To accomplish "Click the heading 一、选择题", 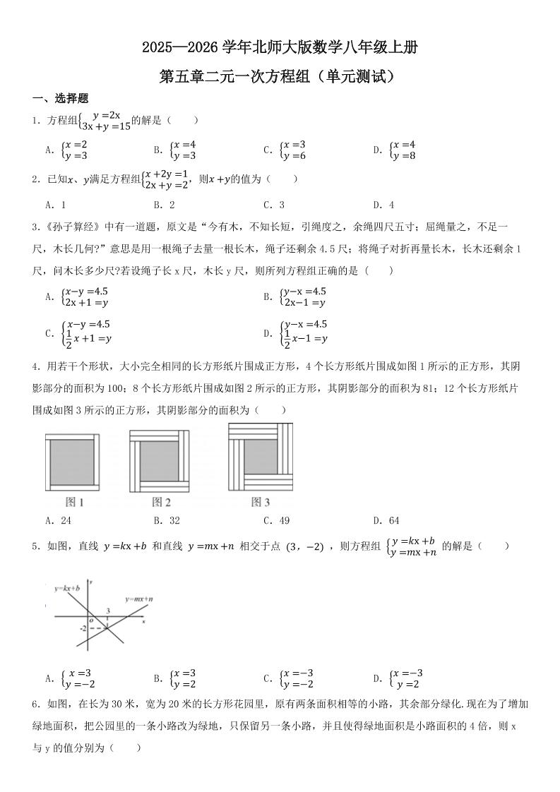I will point(60,99).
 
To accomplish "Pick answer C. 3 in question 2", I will point(273,205).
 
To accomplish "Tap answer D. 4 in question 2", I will point(383,205).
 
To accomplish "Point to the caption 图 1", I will point(75,503).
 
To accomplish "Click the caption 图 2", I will point(162,503).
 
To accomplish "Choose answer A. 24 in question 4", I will point(58,521).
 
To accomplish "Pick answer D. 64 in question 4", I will point(386,521).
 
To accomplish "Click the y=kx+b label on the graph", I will point(67,587).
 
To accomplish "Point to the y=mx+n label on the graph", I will point(139,599).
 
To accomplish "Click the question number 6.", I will point(36,704).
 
